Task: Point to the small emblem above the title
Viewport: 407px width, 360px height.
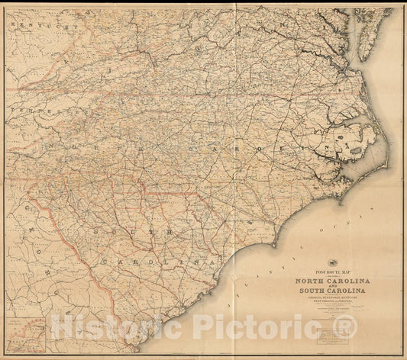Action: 333,262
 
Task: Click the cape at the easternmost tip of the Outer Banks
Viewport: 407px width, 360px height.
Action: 388,156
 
